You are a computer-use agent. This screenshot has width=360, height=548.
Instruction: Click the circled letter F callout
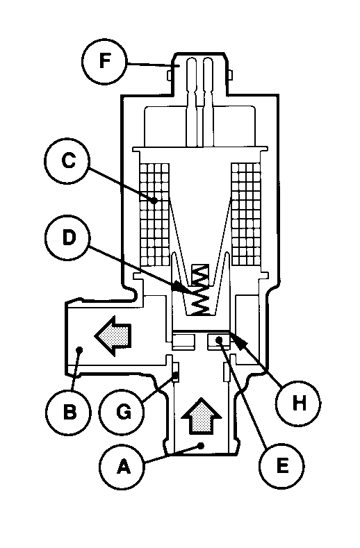(x=105, y=62)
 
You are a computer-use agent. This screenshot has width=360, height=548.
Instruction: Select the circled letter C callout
(x=67, y=161)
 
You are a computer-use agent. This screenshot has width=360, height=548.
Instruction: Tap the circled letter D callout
(x=68, y=238)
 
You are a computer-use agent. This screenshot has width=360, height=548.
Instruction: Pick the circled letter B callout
(x=69, y=413)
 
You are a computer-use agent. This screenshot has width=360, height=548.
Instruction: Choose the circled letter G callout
(x=122, y=413)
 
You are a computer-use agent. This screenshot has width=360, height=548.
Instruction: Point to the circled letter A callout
(x=122, y=467)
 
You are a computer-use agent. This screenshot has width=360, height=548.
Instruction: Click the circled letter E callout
(x=282, y=465)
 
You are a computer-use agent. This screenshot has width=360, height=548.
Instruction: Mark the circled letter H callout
(x=298, y=403)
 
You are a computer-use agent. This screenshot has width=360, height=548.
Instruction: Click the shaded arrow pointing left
(x=113, y=336)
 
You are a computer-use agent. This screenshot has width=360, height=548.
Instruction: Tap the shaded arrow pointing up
(x=201, y=417)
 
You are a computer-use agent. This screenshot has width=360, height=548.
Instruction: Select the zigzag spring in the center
(x=200, y=290)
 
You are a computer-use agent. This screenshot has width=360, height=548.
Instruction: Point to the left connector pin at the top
(x=192, y=101)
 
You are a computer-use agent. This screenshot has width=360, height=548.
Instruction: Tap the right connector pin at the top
(x=208, y=101)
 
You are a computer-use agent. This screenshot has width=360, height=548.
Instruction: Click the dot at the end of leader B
(x=79, y=349)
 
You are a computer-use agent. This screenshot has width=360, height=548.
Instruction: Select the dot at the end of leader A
(x=201, y=445)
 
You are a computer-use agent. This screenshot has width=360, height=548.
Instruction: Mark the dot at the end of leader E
(x=219, y=340)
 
